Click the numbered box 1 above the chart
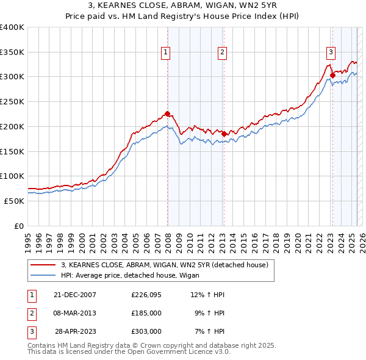165,53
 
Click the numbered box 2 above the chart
222,53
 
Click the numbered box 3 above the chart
330,53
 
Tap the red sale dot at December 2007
167,113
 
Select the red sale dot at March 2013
224,134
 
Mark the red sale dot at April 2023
332,76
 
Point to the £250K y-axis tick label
12,101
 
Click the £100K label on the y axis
12,176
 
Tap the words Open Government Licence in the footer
168,352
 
